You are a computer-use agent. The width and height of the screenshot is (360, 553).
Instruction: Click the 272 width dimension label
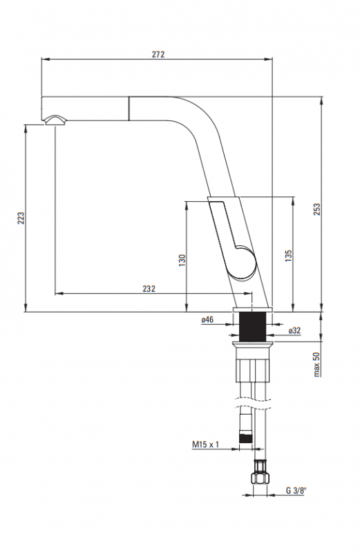pos(158,55)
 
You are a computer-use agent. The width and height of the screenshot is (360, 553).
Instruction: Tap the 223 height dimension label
pos(21,218)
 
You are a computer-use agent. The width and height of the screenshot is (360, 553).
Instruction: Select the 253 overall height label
pos(317,209)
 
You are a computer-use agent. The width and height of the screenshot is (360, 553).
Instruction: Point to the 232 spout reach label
pos(149,288)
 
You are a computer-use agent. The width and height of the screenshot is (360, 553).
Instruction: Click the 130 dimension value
pos(182,261)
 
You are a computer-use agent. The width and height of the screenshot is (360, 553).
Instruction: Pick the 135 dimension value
pos(288,256)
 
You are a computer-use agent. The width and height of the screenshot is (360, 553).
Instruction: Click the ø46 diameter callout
pos(207,319)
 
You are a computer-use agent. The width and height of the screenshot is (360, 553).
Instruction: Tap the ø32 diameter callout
pos(294,330)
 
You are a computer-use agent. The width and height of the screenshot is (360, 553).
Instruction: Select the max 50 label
pos(316,364)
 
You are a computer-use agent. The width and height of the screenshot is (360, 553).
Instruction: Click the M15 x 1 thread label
pos(205,444)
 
